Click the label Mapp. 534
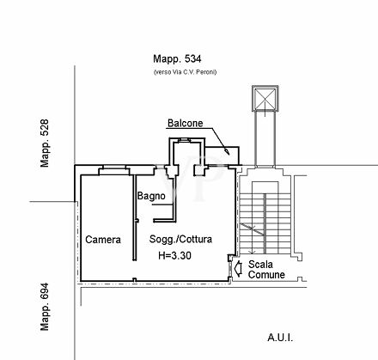point(177,59)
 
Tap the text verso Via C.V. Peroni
point(185,72)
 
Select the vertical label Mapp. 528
point(45,143)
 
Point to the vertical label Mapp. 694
point(45,307)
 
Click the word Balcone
point(186,123)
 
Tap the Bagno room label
point(151,196)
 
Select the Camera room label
point(103,240)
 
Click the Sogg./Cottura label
point(180,239)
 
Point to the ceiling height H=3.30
point(174,255)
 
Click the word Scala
point(260,264)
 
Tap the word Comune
point(266,275)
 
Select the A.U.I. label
point(280,338)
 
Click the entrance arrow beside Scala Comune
point(238,268)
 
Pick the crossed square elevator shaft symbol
point(265,98)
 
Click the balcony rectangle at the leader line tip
point(223,156)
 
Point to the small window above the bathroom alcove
point(184,140)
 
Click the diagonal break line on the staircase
point(252,229)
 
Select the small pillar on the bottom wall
point(135,280)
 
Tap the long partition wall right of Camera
point(135,217)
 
